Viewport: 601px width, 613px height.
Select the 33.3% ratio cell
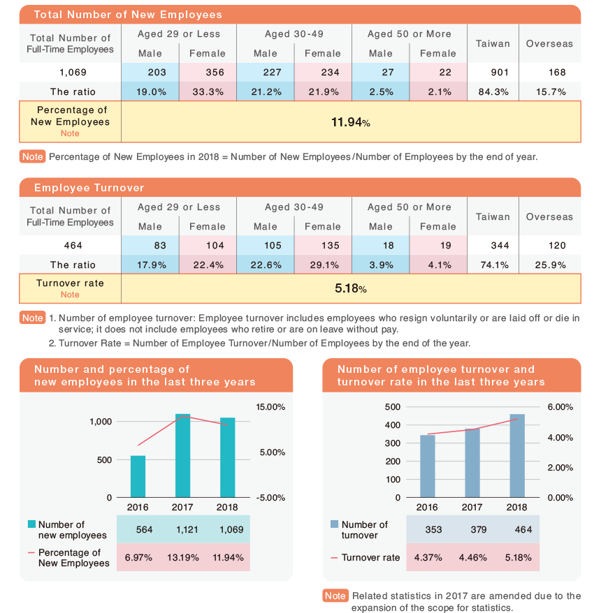tap(208, 92)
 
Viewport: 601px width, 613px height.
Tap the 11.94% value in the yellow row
tap(351, 122)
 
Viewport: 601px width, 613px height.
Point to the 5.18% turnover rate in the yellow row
tap(351, 288)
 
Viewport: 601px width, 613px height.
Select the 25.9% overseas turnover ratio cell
tap(550, 265)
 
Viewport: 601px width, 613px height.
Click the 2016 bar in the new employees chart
tap(138, 477)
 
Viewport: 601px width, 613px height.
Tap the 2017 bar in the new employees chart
tap(182, 455)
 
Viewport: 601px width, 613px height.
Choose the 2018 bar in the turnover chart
tap(517, 456)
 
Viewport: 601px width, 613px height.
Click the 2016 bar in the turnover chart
tap(428, 466)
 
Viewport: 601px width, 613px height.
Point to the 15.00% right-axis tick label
tap(270, 407)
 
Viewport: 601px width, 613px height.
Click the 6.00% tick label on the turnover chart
tap(560, 407)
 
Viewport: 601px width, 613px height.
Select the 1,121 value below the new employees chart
tap(187, 530)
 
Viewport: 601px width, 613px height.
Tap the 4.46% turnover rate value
tap(472, 557)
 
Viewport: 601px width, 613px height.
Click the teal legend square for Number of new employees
tap(31, 524)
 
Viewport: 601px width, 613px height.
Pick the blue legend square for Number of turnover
tap(335, 524)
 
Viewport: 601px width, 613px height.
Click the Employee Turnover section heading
tap(89, 188)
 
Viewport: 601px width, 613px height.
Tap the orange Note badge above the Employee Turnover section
tap(32, 157)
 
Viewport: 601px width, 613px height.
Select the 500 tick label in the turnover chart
tap(393, 407)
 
